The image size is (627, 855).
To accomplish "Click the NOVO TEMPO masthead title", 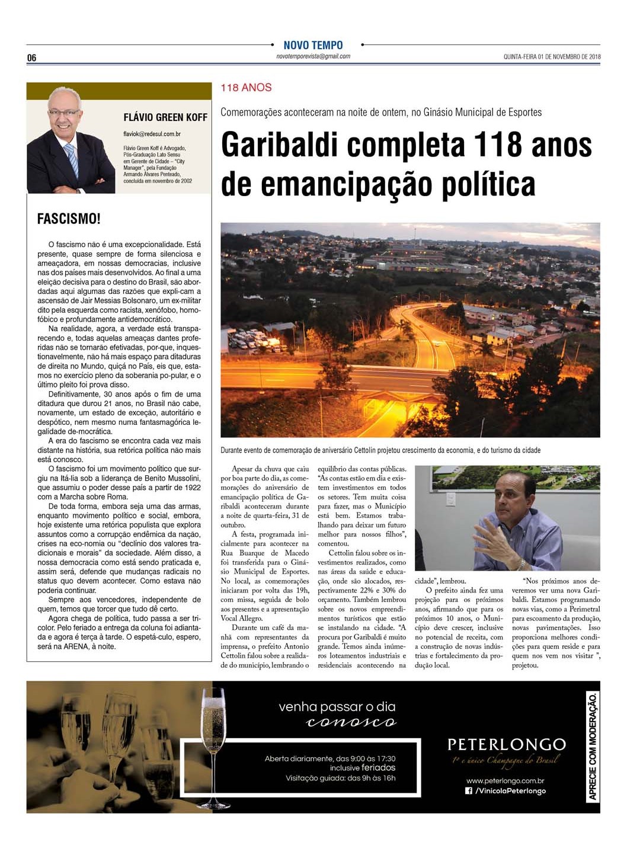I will [x=313, y=45].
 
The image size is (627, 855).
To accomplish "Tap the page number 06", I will [x=32, y=57].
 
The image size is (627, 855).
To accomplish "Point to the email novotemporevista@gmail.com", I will [x=313, y=56].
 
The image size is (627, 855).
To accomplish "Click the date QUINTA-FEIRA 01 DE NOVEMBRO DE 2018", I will [x=552, y=57].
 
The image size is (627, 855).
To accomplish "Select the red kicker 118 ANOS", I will [x=246, y=88].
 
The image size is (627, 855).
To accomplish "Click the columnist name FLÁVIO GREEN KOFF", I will [x=165, y=117].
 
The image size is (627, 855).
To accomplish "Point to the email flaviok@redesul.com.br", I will [x=152, y=135].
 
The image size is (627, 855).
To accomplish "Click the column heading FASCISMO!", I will [x=69, y=219].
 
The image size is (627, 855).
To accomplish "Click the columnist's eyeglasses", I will [x=64, y=113].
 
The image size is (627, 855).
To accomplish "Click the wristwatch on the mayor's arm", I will [x=522, y=563].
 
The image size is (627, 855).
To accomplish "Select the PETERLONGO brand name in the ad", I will [x=506, y=744].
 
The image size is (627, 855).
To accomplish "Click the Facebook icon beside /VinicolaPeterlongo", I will [x=469, y=791].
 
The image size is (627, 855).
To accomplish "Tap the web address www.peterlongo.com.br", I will [x=505, y=781].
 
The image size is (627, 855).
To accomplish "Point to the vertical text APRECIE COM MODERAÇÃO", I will [x=592, y=746].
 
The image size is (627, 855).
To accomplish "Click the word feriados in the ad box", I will [x=379, y=767].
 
